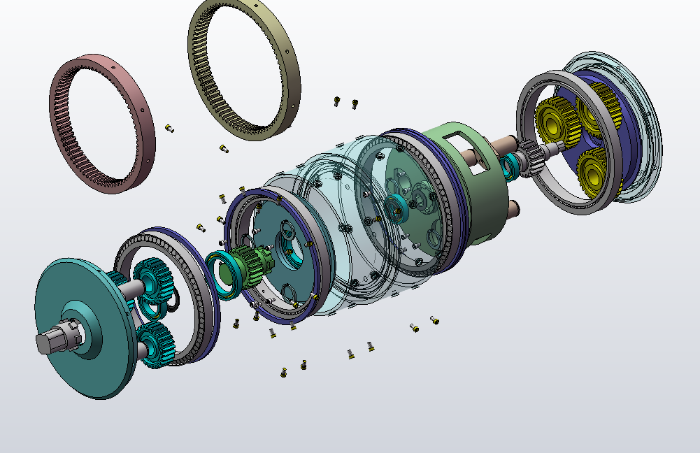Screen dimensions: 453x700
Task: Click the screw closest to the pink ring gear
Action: click(169, 128)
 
